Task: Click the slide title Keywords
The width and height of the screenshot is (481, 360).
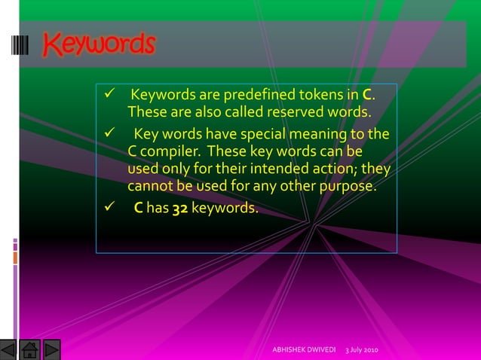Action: coord(99,44)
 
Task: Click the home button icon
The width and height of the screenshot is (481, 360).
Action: coord(29,350)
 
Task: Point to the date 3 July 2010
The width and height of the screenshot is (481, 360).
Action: coord(362,351)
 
